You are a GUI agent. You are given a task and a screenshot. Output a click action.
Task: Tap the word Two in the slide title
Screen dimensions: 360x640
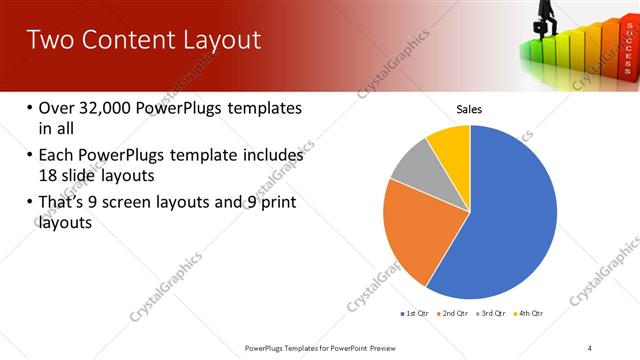(x=49, y=40)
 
